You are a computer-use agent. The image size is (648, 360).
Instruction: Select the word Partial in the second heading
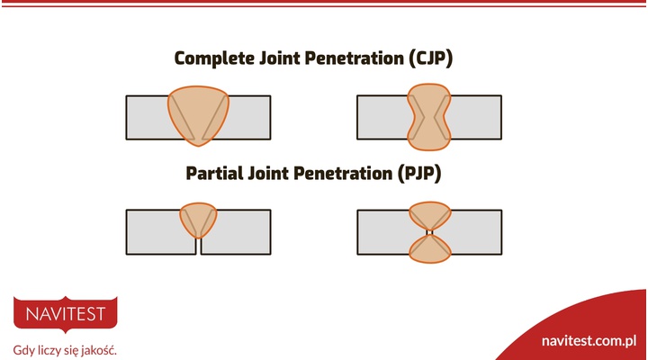coord(217,173)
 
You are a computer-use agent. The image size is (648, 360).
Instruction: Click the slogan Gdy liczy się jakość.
coord(65,349)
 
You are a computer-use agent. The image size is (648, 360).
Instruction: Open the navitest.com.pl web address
coord(589,341)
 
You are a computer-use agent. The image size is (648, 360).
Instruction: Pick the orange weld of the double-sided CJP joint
coord(429,117)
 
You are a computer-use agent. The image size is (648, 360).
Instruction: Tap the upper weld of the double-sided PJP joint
coord(429,215)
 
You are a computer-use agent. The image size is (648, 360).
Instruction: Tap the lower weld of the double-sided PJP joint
coord(429,249)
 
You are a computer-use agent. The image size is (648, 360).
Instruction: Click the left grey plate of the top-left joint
coord(146,117)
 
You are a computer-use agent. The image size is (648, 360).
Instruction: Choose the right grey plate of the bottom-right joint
coord(472,232)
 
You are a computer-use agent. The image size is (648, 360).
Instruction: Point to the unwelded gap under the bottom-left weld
coord(198,246)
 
